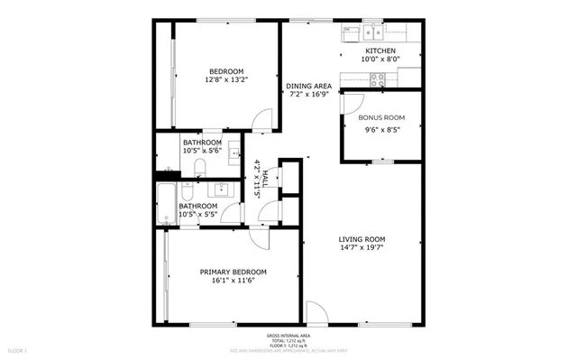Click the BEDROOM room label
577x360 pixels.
click(226, 71)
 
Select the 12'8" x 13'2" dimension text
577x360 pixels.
click(226, 80)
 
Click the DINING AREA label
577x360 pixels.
click(309, 86)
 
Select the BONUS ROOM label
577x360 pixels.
click(381, 117)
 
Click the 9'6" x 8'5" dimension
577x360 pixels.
click(381, 129)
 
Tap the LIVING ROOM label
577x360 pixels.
click(362, 239)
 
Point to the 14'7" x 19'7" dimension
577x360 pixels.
click(362, 248)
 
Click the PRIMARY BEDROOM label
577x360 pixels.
click(233, 272)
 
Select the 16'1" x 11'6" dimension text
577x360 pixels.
click(233, 281)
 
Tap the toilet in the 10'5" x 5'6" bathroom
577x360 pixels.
click(202, 170)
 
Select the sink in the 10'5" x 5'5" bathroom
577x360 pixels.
click(220, 189)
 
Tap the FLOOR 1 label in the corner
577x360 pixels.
click(18, 349)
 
